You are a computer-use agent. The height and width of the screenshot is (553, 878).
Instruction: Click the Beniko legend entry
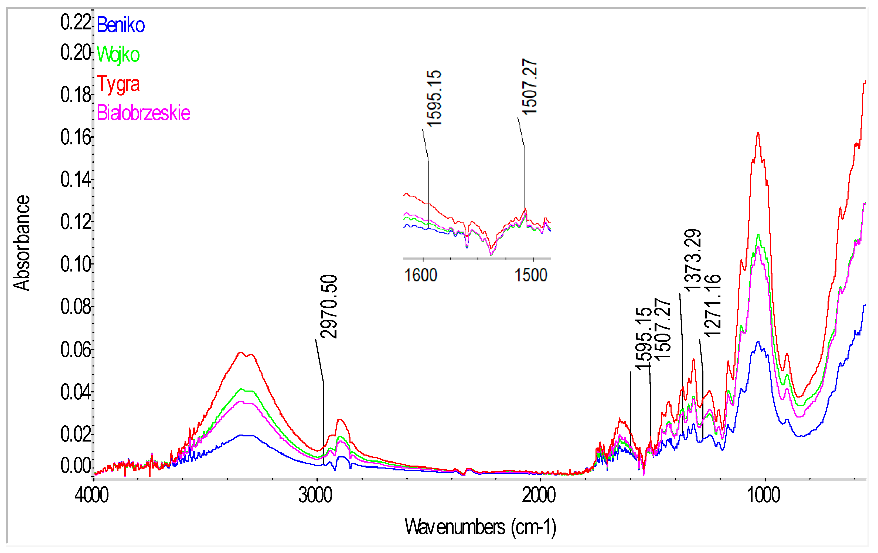(121, 25)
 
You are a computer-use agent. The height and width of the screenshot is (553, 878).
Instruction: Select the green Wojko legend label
(118, 55)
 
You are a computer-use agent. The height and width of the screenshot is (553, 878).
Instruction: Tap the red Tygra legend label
(118, 84)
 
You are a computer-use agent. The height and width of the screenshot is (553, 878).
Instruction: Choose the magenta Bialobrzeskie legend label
(143, 113)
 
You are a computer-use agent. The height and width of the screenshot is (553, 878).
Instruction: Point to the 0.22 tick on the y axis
(76, 22)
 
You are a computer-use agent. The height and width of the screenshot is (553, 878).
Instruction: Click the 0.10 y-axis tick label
(76, 264)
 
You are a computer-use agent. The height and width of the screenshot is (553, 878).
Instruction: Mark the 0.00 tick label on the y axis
(76, 466)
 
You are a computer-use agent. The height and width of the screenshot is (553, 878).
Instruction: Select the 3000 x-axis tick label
(315, 495)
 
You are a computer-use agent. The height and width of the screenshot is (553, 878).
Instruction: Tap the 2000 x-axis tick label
(539, 495)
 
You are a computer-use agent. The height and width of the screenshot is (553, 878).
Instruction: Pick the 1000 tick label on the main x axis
(764, 495)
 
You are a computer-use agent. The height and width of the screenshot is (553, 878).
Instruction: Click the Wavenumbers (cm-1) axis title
(480, 527)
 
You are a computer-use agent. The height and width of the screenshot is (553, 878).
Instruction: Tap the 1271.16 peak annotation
(712, 306)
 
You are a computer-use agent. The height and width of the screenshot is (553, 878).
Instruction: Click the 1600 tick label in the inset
(421, 275)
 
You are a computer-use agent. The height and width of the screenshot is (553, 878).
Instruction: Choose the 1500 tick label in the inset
(531, 275)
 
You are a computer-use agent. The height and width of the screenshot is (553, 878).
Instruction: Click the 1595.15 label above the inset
(434, 99)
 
